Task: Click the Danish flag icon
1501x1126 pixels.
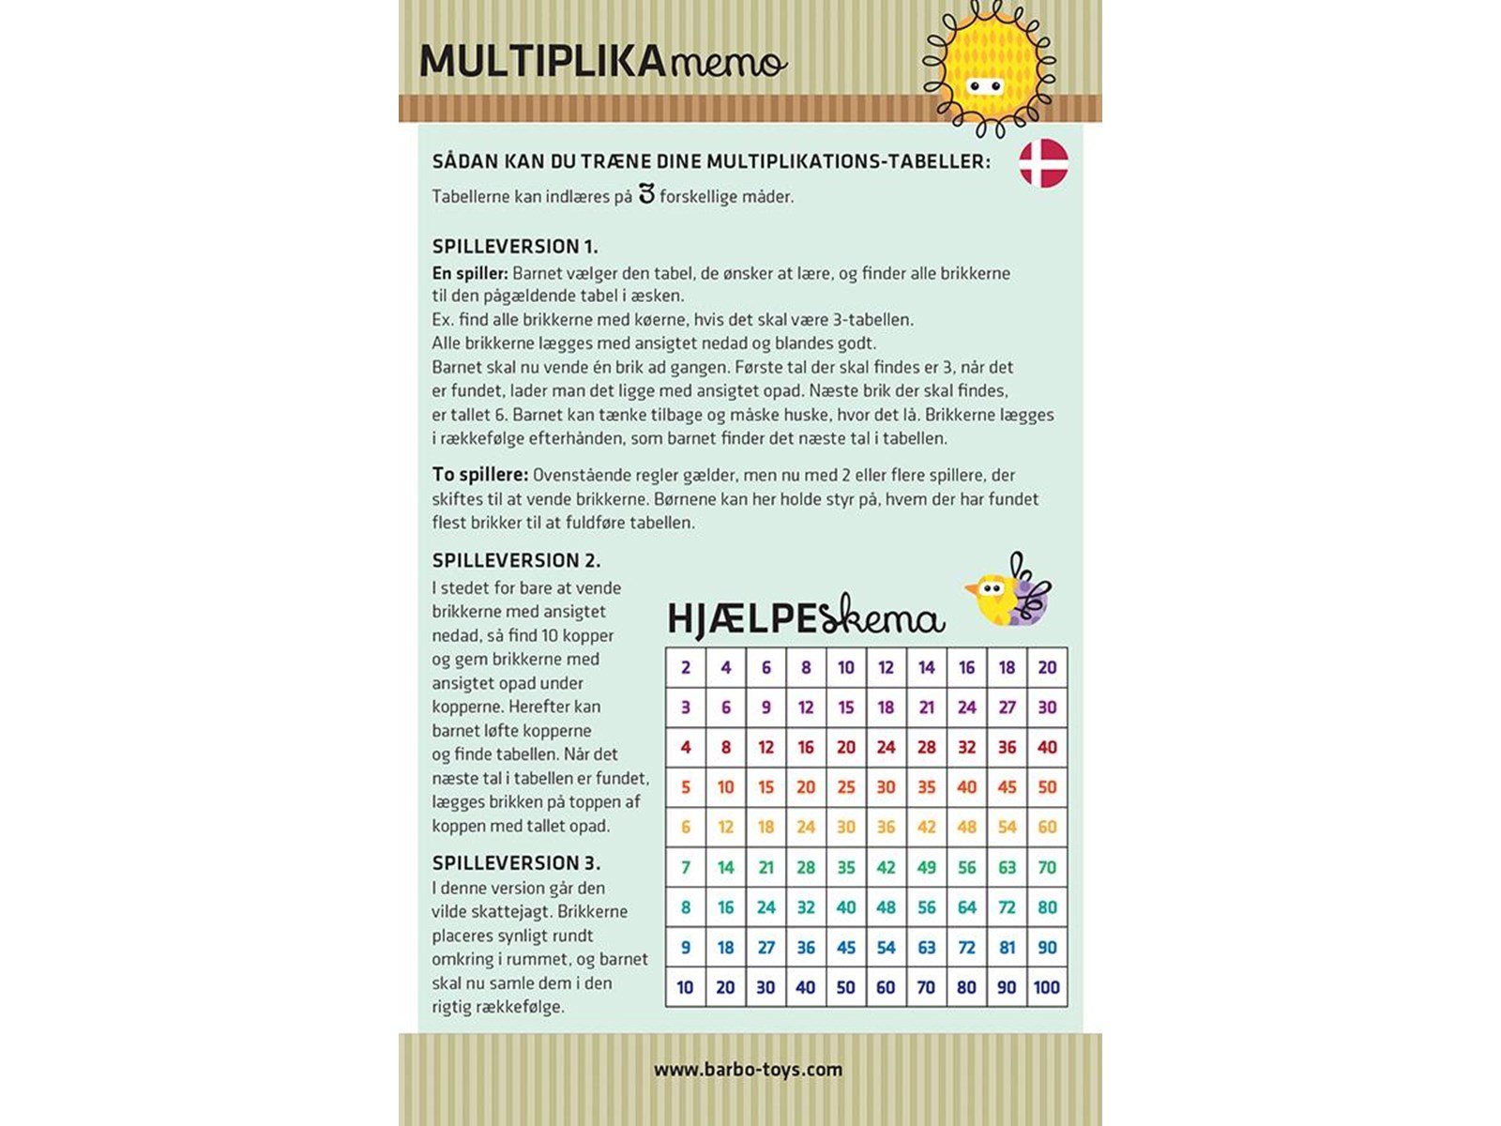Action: [x=1043, y=163]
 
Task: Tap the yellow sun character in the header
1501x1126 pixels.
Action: [x=987, y=68]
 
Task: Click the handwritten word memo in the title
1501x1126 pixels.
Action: [x=729, y=63]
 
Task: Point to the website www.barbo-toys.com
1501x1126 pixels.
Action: [x=748, y=1069]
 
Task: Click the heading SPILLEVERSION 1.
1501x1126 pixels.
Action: [x=514, y=247]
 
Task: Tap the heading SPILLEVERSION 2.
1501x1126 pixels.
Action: [x=516, y=560]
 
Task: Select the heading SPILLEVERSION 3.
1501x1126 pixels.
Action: [x=516, y=862]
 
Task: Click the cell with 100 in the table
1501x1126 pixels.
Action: [x=1046, y=987]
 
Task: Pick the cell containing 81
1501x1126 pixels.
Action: [x=1007, y=948]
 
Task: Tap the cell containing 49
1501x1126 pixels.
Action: [x=926, y=867]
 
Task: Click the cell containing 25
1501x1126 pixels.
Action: [x=845, y=787]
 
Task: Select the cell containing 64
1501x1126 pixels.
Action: [x=966, y=907]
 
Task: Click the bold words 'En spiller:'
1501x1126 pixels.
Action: [x=470, y=274]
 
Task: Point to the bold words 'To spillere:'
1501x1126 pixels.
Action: [x=479, y=475]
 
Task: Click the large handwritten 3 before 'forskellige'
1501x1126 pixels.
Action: [x=645, y=194]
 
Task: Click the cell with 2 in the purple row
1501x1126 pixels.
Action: [x=686, y=667]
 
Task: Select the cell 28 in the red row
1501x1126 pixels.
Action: [x=926, y=748]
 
